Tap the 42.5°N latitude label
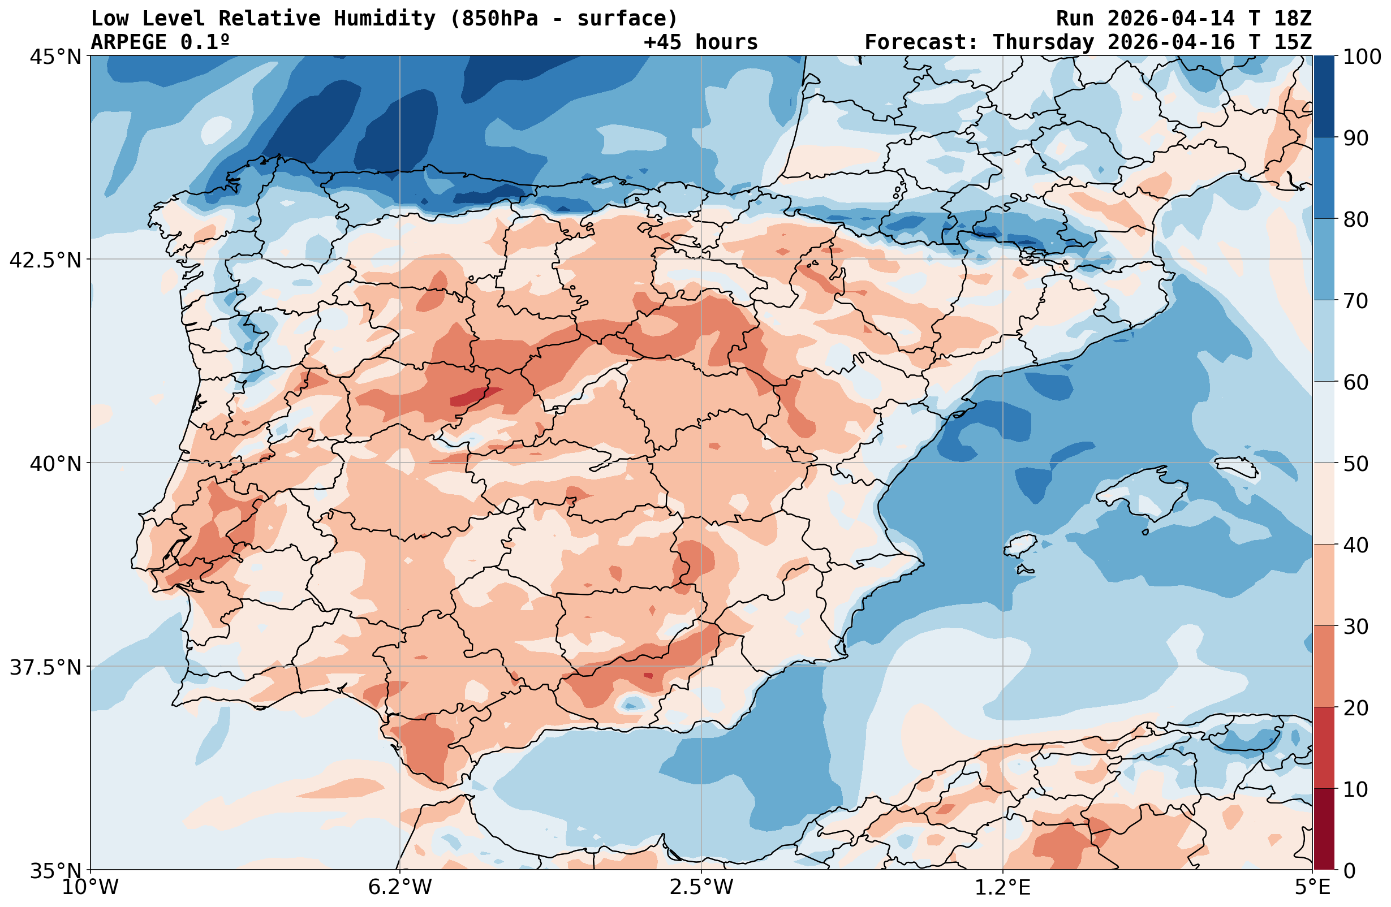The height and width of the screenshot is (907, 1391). (x=45, y=260)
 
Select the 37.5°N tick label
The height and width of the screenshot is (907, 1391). (x=45, y=667)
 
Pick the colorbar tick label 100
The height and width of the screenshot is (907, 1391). (x=1362, y=57)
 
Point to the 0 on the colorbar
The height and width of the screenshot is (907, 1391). (x=1349, y=871)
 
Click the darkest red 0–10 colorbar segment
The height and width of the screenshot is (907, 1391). (x=1324, y=830)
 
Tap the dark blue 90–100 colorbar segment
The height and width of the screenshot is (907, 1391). (x=1324, y=97)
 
